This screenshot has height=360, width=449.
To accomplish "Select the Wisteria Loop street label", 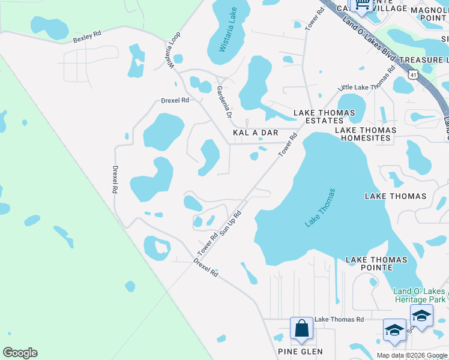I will pyautogui.click(x=174, y=52).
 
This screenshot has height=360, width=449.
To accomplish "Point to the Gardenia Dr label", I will pyautogui.click(x=224, y=100).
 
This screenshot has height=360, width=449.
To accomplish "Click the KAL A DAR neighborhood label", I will pyautogui.click(x=255, y=133).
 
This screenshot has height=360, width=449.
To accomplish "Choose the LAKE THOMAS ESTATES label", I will pyautogui.click(x=318, y=116).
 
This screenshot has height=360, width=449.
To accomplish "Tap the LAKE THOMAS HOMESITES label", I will pyautogui.click(x=366, y=134).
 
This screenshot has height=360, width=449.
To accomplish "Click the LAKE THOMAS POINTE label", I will pyautogui.click(x=376, y=264).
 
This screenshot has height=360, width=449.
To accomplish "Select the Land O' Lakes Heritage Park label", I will pyautogui.click(x=420, y=295).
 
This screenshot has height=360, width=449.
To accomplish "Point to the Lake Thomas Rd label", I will pyautogui.click(x=339, y=319).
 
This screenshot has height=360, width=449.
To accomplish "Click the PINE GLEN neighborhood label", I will pyautogui.click(x=300, y=352).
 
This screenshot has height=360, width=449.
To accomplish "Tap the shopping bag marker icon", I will pyautogui.click(x=301, y=329).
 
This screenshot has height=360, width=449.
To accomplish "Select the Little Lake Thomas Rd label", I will pyautogui.click(x=367, y=79).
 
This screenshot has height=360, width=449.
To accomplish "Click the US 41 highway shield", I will pyautogui.click(x=412, y=74).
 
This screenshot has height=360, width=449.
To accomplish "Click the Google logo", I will pyautogui.click(x=20, y=353).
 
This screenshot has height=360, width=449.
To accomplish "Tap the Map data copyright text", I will pyautogui.click(x=411, y=355).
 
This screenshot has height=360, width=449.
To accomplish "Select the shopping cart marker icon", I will pyautogui.click(x=362, y=5).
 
